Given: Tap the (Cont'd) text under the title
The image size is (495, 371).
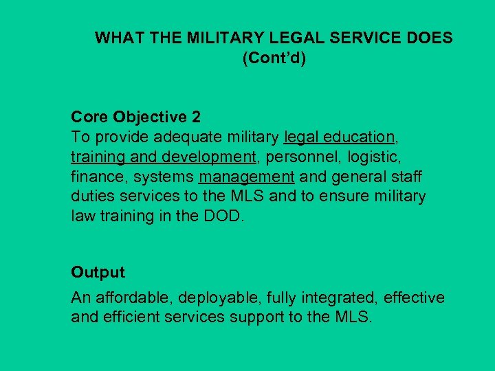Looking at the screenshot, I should (274, 58).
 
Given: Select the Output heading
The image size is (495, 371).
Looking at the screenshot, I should (98, 272).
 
